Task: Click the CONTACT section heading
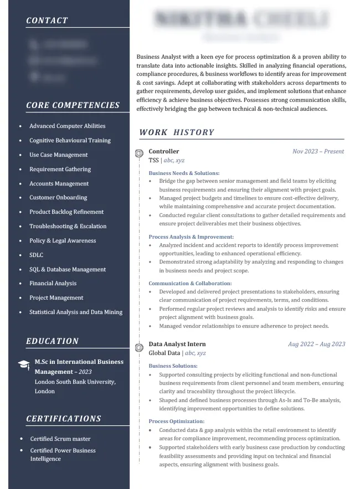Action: coord(47,20)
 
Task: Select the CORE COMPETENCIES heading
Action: coord(73,105)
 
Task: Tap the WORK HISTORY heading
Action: coord(177,132)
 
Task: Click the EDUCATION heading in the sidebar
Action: coord(53,341)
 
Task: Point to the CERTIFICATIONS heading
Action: coord(64,419)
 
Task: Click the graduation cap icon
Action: coord(24,364)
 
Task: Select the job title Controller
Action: coord(164,151)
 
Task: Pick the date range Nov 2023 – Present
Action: coord(318,151)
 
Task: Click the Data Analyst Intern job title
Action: coord(177,344)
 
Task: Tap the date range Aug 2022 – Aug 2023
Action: coord(316,344)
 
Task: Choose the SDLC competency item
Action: coord(36,255)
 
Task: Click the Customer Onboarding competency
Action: coord(58,198)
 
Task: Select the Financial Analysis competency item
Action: coord(53,284)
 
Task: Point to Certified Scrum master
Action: coord(60,439)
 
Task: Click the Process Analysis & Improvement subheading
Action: coord(191,237)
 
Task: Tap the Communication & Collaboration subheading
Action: coord(190,284)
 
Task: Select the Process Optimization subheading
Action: coord(177,421)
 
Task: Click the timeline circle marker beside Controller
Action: coord(138,153)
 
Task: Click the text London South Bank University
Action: coord(75,382)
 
